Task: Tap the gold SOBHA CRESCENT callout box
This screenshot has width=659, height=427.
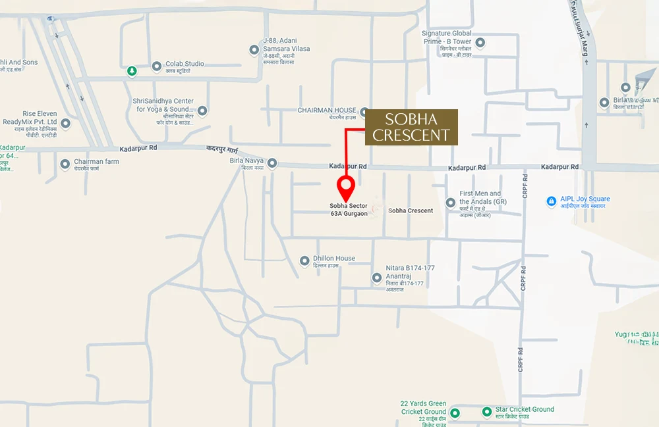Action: coord(412,128)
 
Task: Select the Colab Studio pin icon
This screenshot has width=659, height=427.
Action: coord(157,66)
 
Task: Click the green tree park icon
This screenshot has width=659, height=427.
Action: coord(132,70)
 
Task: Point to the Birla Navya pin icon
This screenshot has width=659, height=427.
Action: coord(272,163)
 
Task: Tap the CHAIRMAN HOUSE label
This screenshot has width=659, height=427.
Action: coord(327,111)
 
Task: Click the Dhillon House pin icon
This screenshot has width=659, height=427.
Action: coord(304,261)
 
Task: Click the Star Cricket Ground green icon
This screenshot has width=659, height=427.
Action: coord(487,412)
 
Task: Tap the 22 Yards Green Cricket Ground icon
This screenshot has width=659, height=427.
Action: coord(455,413)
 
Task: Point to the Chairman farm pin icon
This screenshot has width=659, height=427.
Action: coord(65,164)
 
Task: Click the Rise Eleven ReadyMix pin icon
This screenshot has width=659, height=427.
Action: coord(65,123)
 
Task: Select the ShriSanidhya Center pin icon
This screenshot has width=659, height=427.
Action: coord(202,111)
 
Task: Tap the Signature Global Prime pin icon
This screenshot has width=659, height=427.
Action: coord(480,43)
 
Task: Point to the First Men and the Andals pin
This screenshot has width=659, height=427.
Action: coord(451,203)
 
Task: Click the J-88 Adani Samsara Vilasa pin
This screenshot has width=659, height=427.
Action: coord(254,50)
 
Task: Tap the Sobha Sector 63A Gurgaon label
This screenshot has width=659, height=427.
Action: coord(349,210)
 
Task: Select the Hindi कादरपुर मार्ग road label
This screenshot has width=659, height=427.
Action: coord(226,151)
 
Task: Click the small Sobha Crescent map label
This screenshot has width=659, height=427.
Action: coord(411,211)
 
